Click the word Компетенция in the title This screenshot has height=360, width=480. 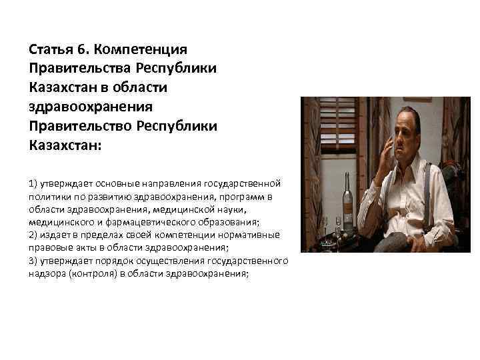[x=141, y=50]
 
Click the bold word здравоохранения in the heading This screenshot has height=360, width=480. [x=91, y=107]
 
